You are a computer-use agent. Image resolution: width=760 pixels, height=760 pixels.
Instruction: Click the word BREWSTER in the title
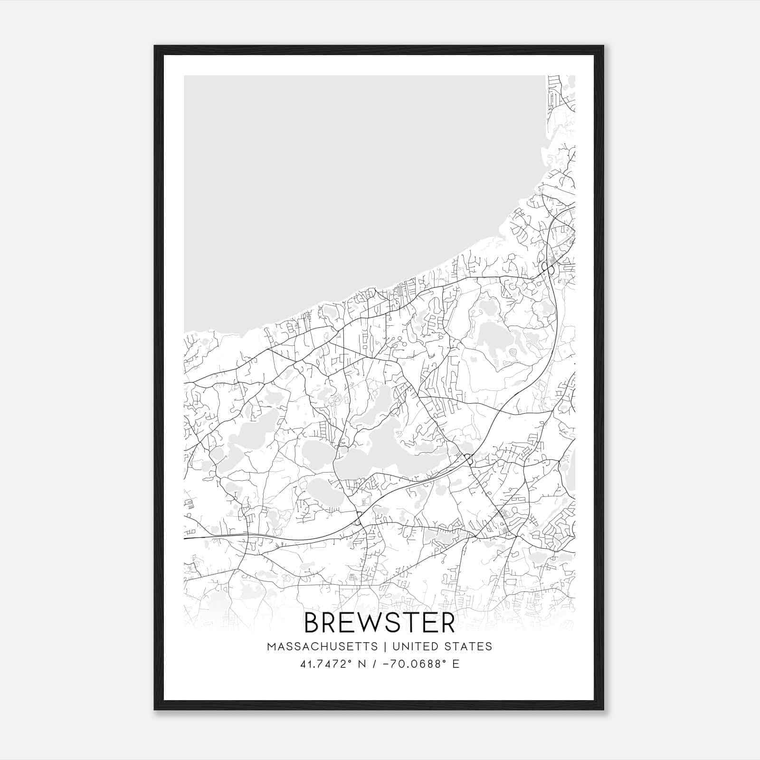click(x=380, y=623)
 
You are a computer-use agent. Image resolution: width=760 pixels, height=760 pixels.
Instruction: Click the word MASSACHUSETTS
click(x=323, y=646)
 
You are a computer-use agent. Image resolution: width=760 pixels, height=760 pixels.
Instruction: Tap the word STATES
click(x=468, y=646)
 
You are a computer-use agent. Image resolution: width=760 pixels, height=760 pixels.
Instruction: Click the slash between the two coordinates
click(x=376, y=664)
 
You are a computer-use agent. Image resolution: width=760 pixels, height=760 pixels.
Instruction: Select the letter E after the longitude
click(x=456, y=664)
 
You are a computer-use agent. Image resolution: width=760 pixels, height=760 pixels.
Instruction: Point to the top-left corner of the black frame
click(x=155, y=47)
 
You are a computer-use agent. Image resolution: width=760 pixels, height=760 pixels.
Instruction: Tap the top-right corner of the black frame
click(x=603, y=47)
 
